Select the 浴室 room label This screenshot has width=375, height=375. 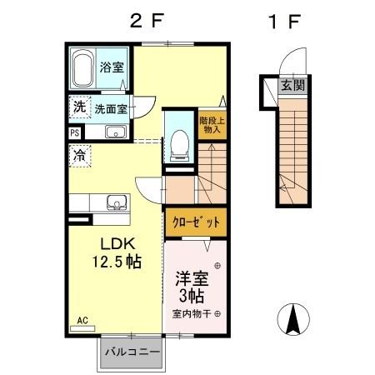[111, 67]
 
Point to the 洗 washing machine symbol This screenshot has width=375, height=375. [78, 107]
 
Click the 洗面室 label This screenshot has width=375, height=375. [110, 108]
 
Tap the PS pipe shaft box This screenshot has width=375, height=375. [74, 132]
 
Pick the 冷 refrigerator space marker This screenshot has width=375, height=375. [79, 154]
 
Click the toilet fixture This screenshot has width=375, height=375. [177, 142]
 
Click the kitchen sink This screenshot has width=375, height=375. [115, 202]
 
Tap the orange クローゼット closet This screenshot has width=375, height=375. [197, 222]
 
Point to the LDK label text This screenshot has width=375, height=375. [117, 243]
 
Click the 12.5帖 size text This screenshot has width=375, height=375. [117, 262]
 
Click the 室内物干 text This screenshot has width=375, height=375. [192, 314]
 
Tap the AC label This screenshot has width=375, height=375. [82, 319]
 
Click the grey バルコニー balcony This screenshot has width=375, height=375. [132, 352]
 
